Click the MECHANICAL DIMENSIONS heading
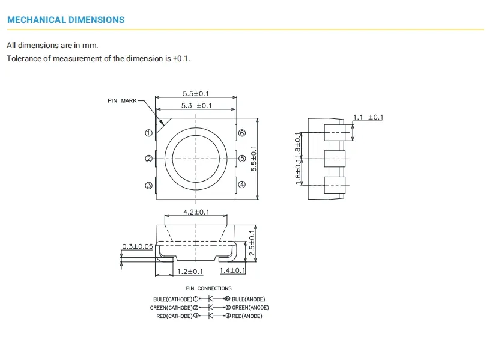point(65,20)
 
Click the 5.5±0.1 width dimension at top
point(196,93)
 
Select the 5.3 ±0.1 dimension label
point(196,106)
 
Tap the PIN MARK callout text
point(123,100)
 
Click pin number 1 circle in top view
point(149,133)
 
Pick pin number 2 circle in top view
point(149,159)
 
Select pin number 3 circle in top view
point(149,185)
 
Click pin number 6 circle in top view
point(242,133)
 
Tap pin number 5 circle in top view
point(242,159)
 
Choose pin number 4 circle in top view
point(242,185)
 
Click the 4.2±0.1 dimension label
point(196,212)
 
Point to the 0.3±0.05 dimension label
point(137,246)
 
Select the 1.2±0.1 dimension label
point(190,272)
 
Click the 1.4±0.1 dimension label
point(232,271)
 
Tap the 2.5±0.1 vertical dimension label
point(252,243)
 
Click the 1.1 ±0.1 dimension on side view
point(368,117)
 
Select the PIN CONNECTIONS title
point(208,288)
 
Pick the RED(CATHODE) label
point(174,316)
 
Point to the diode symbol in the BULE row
point(211,299)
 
